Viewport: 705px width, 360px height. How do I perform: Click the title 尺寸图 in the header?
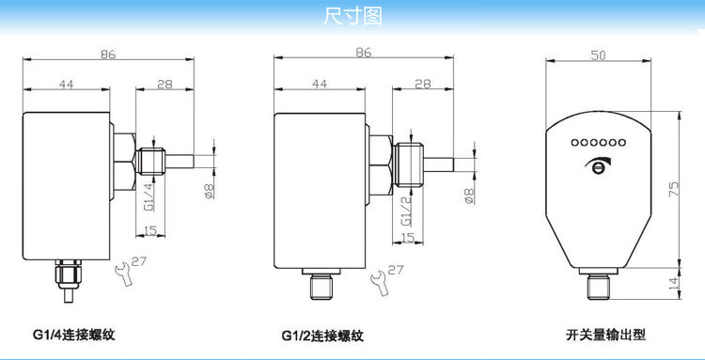coord(352,16)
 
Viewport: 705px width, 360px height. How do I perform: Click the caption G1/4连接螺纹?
coord(73,335)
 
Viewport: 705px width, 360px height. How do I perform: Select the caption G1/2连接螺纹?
coord(322,336)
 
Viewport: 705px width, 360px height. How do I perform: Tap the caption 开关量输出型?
coord(605,335)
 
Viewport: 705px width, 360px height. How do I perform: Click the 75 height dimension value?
coord(673,189)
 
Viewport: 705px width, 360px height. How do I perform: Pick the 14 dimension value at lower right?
coord(673,283)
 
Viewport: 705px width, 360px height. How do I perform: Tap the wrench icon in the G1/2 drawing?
coord(379,283)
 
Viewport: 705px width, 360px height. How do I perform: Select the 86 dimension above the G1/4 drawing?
coord(108,54)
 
